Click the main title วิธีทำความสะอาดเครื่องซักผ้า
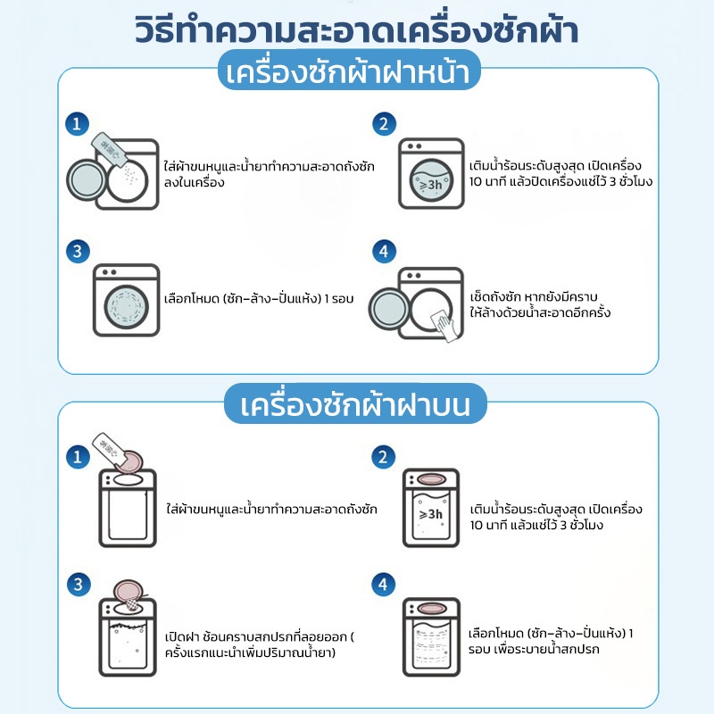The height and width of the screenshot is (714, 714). point(357,29)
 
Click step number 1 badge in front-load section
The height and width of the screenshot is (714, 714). point(79,123)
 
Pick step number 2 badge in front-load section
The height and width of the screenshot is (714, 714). point(384,123)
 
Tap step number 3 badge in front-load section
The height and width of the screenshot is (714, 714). point(79,252)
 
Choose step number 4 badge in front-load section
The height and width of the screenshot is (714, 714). point(384,252)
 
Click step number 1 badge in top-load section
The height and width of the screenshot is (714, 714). point(79,457)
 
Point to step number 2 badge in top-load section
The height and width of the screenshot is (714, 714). point(384,457)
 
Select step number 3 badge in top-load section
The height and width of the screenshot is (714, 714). point(79,585)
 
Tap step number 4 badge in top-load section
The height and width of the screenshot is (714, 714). point(384,585)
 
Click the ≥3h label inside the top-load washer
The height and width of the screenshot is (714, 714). point(431,515)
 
